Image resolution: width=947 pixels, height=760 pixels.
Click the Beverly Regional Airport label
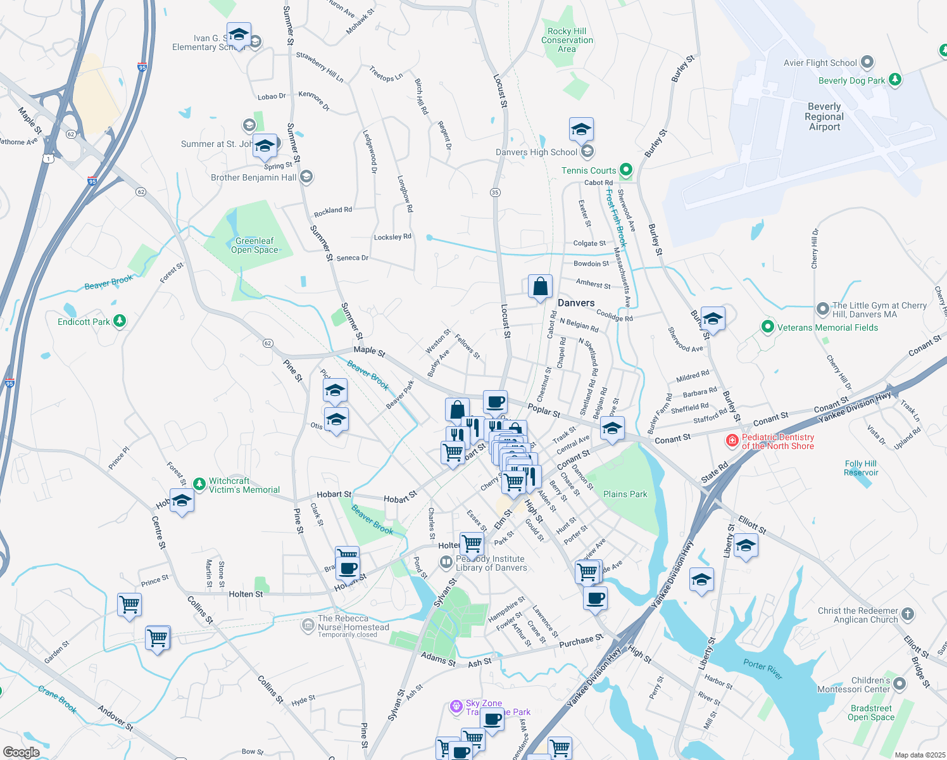pyautogui.click(x=824, y=117)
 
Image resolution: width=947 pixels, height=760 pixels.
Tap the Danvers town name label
pyautogui.click(x=576, y=303)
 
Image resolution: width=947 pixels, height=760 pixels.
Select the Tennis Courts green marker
pyautogui.click(x=625, y=170)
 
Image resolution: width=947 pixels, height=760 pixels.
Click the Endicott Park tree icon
pyautogui.click(x=120, y=322)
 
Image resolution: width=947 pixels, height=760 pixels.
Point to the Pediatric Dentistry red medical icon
pyautogui.click(x=732, y=441)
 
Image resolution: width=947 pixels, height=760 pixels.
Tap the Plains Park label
pyautogui.click(x=625, y=494)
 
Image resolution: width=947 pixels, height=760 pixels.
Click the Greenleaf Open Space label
pyautogui.click(x=254, y=245)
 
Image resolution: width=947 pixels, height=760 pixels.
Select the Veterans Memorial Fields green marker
pyautogui.click(x=767, y=327)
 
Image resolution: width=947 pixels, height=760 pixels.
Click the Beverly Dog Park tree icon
pyautogui.click(x=894, y=80)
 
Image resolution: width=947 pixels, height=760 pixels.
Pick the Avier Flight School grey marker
pyautogui.click(x=867, y=63)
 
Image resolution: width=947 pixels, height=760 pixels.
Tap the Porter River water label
pyautogui.click(x=763, y=668)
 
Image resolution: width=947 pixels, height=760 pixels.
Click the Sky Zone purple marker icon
pyautogui.click(x=456, y=706)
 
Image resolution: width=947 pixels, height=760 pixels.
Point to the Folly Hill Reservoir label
pyautogui.click(x=860, y=468)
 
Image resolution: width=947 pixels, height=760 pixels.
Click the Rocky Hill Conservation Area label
pyautogui.click(x=567, y=40)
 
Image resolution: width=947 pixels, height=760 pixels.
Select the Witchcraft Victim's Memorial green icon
pyautogui.click(x=199, y=484)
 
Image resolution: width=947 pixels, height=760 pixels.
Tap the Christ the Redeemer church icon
pyautogui.click(x=908, y=614)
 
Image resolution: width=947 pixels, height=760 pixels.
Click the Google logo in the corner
pyautogui.click(x=21, y=752)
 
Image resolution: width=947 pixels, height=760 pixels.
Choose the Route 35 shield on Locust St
pyautogui.click(x=495, y=193)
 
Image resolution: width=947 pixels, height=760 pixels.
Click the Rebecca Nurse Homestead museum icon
pyautogui.click(x=308, y=626)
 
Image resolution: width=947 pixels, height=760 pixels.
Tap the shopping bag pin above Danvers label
pyautogui.click(x=540, y=287)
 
